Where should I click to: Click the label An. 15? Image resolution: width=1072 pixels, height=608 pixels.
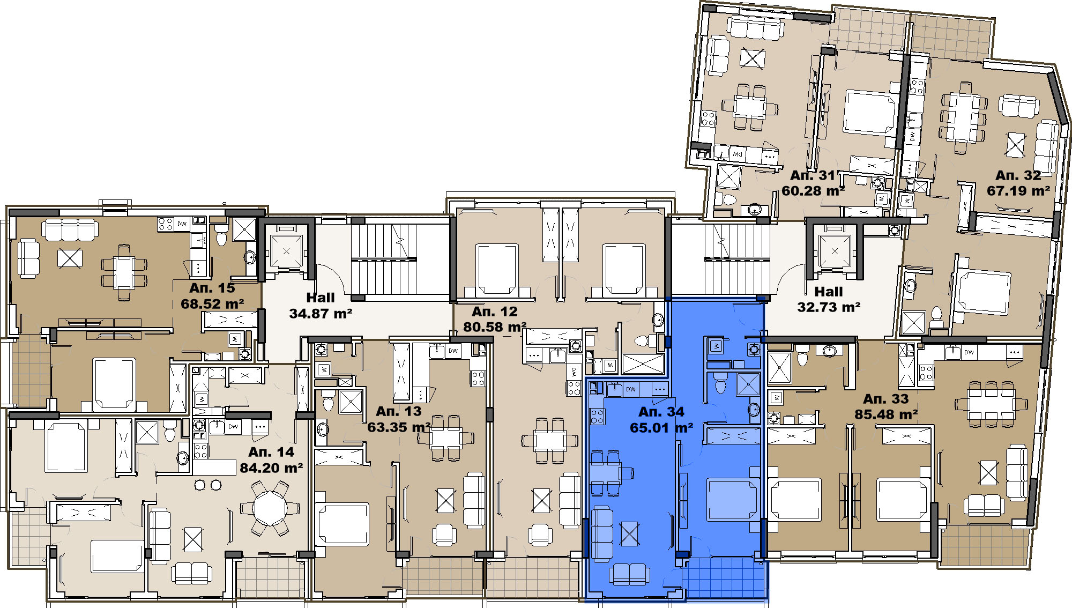click(x=212, y=288)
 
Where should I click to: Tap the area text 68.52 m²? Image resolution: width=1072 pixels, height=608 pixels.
click(x=212, y=304)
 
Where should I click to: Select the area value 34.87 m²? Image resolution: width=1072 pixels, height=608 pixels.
click(x=321, y=314)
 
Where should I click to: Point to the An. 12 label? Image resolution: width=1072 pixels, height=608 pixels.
click(x=495, y=312)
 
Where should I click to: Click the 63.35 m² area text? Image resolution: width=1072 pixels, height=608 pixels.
click(x=399, y=427)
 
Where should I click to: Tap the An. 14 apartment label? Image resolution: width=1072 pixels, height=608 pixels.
click(x=271, y=452)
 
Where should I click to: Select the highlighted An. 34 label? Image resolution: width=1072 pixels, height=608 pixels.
click(x=661, y=412)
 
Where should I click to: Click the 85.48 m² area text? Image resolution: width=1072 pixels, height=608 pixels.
click(x=886, y=414)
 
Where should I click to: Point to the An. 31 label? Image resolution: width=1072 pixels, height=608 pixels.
click(x=813, y=175)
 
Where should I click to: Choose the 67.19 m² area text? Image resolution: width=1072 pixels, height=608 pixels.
click(x=1018, y=191)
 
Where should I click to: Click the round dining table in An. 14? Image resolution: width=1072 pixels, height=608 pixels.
click(x=271, y=508)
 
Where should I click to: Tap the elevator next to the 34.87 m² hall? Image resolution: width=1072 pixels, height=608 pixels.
click(x=286, y=250)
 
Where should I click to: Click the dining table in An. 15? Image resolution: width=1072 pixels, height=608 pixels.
click(x=124, y=272)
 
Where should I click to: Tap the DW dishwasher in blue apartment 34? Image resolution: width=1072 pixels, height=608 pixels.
click(x=631, y=389)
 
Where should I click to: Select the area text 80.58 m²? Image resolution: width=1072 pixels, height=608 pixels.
click(x=495, y=327)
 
